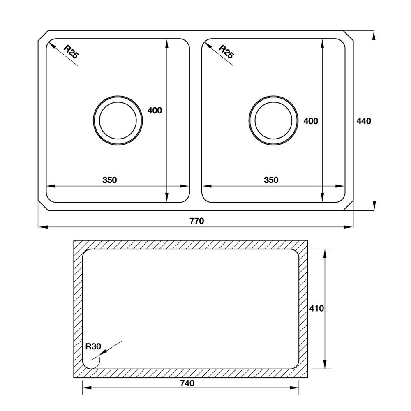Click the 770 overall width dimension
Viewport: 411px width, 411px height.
point(196,221)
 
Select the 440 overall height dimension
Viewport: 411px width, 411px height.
point(364,121)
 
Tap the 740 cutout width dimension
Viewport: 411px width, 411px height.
point(187,383)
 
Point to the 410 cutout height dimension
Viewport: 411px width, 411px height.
point(317,308)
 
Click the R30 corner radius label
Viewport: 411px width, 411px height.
point(93,346)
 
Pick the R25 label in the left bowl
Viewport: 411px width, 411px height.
point(70,52)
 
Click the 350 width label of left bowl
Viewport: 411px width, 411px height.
point(110,180)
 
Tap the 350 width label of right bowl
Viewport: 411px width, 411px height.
point(271,180)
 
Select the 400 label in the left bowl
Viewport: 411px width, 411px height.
point(155,110)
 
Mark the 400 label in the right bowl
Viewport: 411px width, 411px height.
point(310,121)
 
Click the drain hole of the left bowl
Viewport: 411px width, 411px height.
point(118,121)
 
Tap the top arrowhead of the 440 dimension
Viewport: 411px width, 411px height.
point(374,35)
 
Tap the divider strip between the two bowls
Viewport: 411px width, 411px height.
point(196,121)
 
